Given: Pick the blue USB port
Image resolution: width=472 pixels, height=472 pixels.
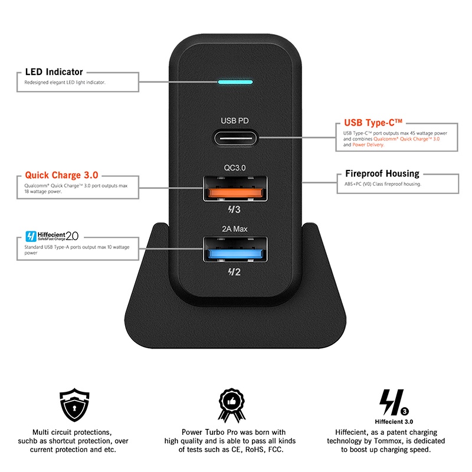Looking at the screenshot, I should (235, 254).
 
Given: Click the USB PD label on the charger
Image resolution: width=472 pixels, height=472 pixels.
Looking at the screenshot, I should (235, 120).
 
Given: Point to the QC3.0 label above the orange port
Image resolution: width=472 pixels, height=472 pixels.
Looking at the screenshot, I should (235, 168).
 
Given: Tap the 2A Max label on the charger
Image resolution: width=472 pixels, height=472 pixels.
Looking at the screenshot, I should (235, 229).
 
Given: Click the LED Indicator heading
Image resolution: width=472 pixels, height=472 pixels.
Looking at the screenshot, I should (54, 72).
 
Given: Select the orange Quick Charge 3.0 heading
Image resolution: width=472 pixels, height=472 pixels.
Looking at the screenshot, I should (61, 175).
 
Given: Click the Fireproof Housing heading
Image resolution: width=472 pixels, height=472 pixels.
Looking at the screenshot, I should (382, 173).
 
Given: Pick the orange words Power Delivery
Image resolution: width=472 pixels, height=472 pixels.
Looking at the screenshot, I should (368, 145).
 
